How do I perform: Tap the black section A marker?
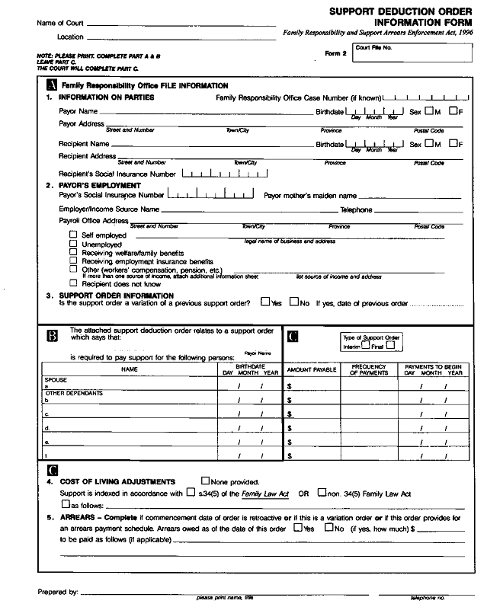click(52, 85)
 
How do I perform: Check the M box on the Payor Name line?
click(429, 111)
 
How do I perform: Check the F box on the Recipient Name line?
click(454, 142)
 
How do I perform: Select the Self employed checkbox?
click(73, 235)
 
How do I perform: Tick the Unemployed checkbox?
click(73, 244)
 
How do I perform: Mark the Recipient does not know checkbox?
click(73, 283)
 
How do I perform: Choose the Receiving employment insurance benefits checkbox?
click(73, 260)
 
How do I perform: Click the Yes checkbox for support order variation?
click(264, 302)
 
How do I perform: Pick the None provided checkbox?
click(206, 481)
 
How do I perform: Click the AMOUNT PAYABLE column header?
click(311, 369)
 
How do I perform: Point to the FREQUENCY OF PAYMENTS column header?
click(369, 369)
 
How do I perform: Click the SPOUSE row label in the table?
click(56, 379)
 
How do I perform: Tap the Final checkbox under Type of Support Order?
click(390, 345)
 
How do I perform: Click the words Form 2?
click(335, 54)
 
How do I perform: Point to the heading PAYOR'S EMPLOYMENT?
click(99, 185)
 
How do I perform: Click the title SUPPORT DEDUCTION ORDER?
click(400, 12)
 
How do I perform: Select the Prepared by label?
click(58, 591)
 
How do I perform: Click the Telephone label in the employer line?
click(356, 209)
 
